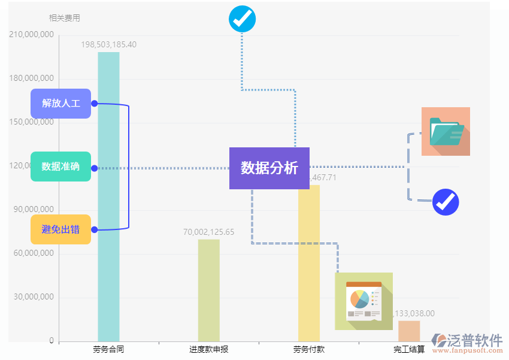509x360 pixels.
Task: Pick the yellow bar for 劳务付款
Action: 309,264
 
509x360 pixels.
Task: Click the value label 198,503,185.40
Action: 108,44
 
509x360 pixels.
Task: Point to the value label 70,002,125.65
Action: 208,232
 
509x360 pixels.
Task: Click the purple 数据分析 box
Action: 269,168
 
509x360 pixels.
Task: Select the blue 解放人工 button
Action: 60,103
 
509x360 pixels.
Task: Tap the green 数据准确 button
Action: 60,167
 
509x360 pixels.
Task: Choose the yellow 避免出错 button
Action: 60,229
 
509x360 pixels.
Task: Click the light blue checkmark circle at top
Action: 243,19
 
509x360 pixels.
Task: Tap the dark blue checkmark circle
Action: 446,202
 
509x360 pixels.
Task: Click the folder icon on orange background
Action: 446,131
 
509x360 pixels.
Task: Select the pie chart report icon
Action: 363,301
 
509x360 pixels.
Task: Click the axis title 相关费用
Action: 64,18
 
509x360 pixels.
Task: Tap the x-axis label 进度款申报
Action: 208,349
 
